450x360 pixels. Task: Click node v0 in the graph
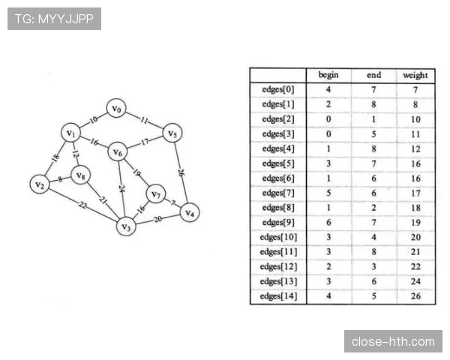116,108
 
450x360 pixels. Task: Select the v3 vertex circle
126,226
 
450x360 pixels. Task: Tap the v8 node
81,175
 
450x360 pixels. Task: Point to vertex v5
172,133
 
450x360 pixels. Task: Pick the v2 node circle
40,184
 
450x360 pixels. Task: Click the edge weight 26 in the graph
181,172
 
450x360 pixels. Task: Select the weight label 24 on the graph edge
121,189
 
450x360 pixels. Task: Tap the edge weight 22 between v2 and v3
82,205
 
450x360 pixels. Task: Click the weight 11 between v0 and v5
144,120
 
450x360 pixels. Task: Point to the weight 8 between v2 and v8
60,179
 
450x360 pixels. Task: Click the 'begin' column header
328,75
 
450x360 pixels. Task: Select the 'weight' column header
415,75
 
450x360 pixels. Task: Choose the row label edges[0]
278,89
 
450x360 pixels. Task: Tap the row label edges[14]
278,296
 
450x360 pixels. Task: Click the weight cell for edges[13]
415,281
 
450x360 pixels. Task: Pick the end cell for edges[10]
373,237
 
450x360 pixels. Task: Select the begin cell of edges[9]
328,223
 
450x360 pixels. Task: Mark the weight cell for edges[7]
415,193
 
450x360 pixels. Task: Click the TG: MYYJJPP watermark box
54,19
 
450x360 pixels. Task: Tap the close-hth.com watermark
393,341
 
